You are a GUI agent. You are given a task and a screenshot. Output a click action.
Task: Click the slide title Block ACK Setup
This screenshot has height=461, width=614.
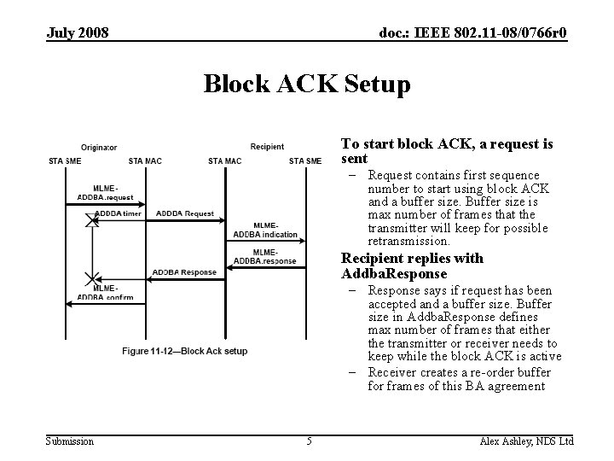307,85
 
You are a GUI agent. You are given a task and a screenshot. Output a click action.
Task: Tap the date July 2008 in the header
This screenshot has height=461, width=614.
77,33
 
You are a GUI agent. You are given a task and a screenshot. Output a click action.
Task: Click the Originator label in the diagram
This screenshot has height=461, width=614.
100,147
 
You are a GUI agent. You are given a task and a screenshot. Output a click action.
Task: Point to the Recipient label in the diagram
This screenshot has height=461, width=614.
267,147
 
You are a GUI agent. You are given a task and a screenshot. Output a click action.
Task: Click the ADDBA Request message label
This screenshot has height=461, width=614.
185,213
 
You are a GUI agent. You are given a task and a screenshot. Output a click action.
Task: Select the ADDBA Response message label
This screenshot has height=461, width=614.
184,272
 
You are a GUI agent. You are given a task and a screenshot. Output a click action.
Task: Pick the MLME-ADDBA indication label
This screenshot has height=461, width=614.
265,230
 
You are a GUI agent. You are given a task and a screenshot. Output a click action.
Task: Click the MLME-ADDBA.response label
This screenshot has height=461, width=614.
265,256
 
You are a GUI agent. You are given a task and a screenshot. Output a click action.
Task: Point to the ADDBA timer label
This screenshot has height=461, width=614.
119,213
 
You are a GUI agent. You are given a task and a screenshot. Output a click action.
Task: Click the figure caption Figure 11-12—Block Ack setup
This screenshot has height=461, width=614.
184,351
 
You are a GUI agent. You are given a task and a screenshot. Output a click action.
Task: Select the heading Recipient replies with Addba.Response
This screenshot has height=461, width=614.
413,266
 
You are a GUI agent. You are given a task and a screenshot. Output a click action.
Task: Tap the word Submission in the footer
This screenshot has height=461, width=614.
70,441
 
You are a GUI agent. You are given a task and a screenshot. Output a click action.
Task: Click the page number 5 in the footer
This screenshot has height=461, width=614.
310,441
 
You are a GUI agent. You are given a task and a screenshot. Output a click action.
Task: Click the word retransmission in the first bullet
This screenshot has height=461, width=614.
408,242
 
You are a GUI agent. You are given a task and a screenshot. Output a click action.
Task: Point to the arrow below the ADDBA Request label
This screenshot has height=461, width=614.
184,219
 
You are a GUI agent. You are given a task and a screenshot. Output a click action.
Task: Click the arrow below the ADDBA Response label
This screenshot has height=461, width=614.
184,279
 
